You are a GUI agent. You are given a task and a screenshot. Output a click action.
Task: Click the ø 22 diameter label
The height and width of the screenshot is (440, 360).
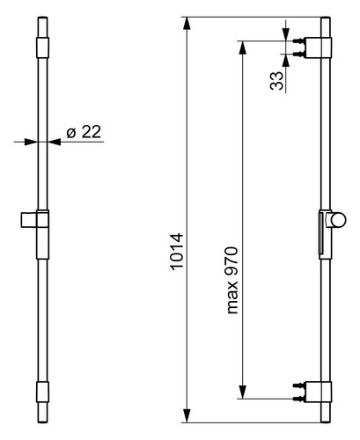point(84,132)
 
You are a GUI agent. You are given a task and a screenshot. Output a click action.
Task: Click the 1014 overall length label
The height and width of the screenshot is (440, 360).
point(177,252)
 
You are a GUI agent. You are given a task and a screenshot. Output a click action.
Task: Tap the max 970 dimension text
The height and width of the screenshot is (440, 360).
point(232,281)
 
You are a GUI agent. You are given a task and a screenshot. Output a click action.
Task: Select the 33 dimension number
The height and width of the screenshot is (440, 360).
point(277,81)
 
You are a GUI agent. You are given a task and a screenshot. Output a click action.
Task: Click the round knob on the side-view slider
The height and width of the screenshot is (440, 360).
point(339,220)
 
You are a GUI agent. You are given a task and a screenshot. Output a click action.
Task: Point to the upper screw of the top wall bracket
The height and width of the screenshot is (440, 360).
point(298,41)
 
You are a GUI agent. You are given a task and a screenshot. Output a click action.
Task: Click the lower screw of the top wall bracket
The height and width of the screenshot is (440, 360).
point(298,54)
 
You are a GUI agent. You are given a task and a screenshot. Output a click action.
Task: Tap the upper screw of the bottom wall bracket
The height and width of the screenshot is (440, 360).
point(298,385)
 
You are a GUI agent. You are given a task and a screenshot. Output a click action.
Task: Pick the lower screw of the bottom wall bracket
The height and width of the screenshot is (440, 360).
point(298,399)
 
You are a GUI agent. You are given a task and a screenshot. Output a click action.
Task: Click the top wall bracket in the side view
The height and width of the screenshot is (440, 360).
point(318,48)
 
